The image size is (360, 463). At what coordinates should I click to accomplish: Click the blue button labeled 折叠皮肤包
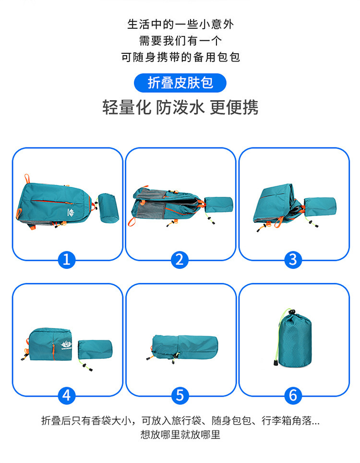180,83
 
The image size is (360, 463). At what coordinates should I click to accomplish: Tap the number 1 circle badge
67,260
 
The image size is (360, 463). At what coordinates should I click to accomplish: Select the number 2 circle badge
180,260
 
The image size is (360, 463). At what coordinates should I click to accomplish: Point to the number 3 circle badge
293,260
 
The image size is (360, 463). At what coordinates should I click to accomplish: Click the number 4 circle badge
67,396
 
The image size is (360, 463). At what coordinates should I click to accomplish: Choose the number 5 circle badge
180,396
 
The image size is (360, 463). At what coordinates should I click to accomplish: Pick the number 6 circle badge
293,396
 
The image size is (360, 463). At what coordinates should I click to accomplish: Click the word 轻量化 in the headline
127,107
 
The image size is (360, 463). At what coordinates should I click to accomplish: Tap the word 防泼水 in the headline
180,107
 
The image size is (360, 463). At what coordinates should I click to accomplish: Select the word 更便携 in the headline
234,107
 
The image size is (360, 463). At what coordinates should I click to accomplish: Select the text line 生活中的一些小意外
180,24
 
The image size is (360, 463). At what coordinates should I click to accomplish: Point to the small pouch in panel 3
320,206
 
